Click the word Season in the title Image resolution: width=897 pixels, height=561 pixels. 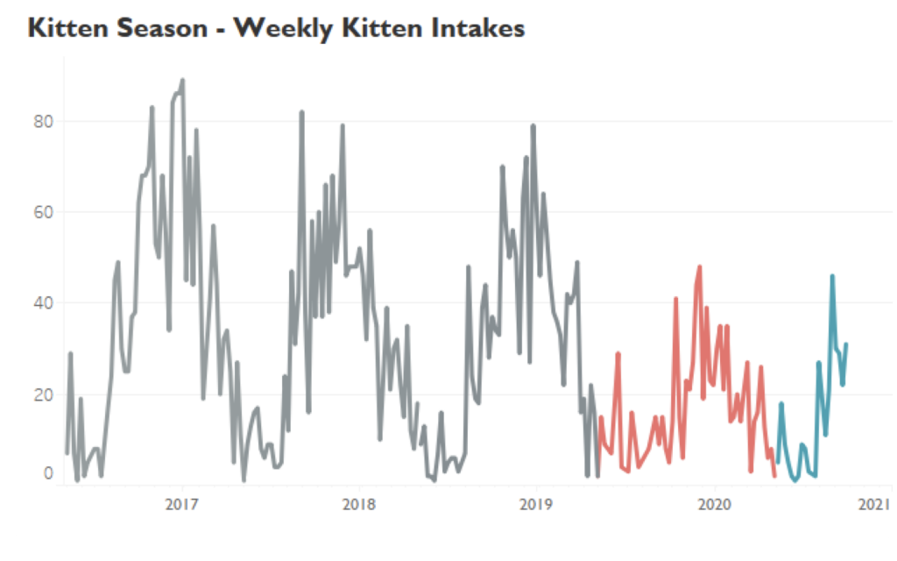pyautogui.click(x=167, y=28)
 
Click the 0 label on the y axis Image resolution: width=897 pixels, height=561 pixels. pyautogui.click(x=48, y=474)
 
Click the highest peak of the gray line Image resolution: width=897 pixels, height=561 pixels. pyautogui.click(x=182, y=80)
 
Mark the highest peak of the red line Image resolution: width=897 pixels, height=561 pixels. pyautogui.click(x=699, y=266)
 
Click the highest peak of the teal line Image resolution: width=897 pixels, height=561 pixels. pyautogui.click(x=832, y=276)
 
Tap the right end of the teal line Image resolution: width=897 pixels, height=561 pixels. pyautogui.click(x=846, y=344)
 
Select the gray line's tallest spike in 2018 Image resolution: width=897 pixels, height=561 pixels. pyautogui.click(x=301, y=112)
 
